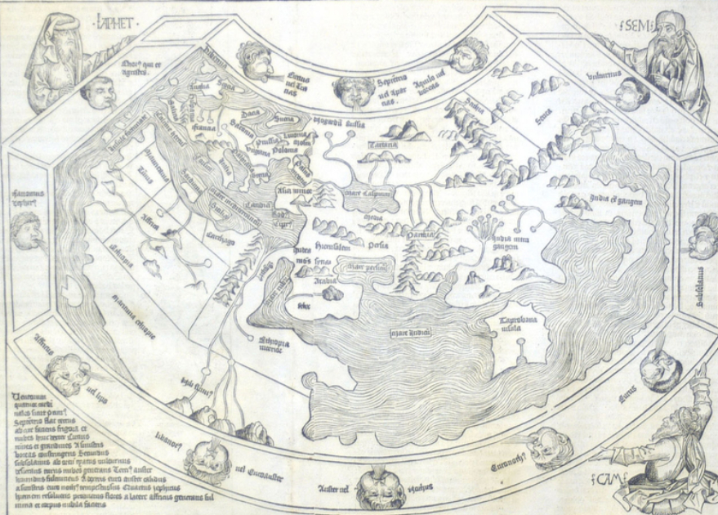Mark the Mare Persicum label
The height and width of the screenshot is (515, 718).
click(x=365, y=266)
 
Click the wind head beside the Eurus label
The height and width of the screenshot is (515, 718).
click(x=661, y=372)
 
